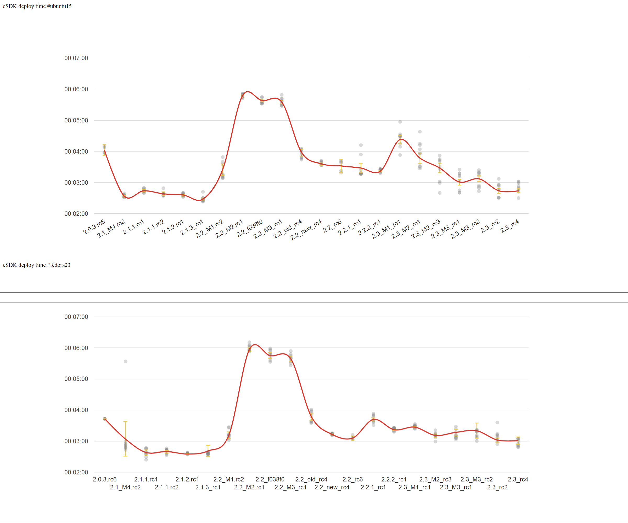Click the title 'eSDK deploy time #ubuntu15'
coord(37,6)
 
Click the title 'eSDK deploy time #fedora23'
coord(36,265)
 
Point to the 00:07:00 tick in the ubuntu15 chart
coord(76,58)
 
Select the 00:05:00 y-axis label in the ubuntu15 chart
coord(76,120)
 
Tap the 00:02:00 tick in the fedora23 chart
coord(76,472)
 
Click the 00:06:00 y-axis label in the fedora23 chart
coord(76,348)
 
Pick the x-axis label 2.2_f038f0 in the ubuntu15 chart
coord(250,228)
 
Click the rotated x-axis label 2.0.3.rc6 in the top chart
coord(94,227)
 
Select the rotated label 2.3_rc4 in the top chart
coord(510,226)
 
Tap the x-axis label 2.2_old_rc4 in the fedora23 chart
coord(311,479)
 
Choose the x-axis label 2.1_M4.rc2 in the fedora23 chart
coord(125,487)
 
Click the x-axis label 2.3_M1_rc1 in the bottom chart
coord(414,487)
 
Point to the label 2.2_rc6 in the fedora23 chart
coord(352,479)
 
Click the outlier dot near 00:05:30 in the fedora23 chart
coord(126,361)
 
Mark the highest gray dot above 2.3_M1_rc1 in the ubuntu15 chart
coord(400,122)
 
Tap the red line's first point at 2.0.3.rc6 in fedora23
coord(105,419)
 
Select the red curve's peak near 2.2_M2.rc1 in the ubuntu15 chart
coord(248,92)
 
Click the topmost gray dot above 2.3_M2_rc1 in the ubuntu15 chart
coord(420,132)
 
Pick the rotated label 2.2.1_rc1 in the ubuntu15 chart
coord(350,227)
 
